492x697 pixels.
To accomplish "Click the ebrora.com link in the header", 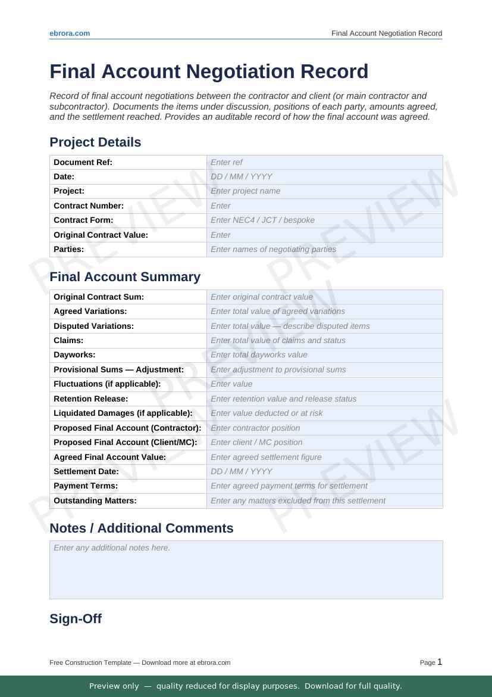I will (x=70, y=33).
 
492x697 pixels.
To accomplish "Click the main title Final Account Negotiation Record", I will (x=209, y=71).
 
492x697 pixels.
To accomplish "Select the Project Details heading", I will (x=95, y=142).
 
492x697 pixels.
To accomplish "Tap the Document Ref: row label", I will (x=83, y=162).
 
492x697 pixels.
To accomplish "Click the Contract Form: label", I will (x=83, y=220).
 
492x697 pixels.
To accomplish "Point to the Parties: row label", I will (x=69, y=249).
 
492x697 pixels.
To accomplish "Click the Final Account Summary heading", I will (x=125, y=277).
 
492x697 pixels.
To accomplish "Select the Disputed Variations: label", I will (x=93, y=326).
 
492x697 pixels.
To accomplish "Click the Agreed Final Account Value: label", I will (x=109, y=457).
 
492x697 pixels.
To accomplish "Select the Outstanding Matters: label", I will (x=95, y=500).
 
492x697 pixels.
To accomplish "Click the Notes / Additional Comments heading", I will (x=141, y=528).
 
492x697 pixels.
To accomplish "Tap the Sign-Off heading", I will (x=76, y=619).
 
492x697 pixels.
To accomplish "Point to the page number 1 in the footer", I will (x=440, y=662).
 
